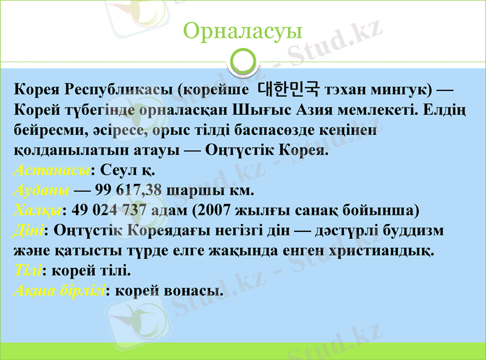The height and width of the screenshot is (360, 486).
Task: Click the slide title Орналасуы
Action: [242, 30]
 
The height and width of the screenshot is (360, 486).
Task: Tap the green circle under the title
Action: [243, 61]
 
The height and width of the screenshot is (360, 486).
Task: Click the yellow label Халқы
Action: [37, 210]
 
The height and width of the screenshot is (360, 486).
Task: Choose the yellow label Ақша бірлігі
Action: [59, 290]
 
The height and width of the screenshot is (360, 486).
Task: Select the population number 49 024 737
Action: [109, 210]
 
